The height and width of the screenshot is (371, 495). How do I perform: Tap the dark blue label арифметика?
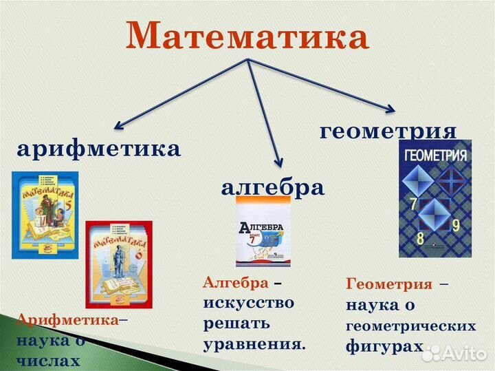click(99, 148)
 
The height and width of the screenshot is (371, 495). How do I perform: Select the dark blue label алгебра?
click(272, 187)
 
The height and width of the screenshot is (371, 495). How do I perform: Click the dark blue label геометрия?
click(388, 131)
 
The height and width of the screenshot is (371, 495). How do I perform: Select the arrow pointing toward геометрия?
click(323, 85)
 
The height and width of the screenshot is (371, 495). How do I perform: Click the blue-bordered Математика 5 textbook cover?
click(45, 214)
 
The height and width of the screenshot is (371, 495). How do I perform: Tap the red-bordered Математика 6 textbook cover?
click(118, 264)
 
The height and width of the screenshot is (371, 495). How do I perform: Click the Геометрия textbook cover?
click(434, 198)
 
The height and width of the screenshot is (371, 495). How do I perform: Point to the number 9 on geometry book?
click(456, 225)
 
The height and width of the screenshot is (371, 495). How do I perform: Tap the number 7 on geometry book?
click(413, 203)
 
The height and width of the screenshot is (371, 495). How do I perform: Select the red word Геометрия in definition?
click(389, 284)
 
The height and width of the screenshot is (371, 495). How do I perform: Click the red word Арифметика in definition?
click(67, 320)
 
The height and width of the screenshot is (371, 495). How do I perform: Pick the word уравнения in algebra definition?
click(254, 343)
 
